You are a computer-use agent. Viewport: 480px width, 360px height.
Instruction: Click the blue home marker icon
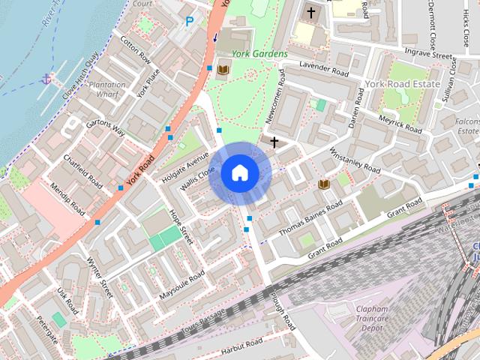[239, 173]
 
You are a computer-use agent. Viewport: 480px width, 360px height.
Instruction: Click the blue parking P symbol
[189, 22]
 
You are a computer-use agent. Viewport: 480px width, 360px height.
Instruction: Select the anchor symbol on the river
[46, 78]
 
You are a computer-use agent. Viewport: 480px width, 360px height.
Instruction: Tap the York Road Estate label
[403, 84]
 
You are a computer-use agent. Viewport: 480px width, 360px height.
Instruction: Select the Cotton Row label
[135, 51]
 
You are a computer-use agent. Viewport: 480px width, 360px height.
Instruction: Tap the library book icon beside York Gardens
[223, 70]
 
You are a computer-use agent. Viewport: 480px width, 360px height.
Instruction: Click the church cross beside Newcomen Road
[274, 142]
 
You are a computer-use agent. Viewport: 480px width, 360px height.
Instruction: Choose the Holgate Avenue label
[184, 168]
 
